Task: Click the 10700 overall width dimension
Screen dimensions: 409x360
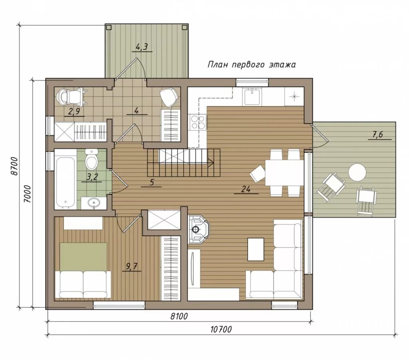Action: coord(221,330)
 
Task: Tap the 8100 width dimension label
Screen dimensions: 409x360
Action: coord(179,316)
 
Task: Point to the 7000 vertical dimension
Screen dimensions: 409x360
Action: coord(27,194)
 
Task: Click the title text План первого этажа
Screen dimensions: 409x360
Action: coord(252,64)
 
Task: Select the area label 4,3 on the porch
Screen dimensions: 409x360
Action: coord(142,47)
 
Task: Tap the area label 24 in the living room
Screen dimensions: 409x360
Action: coord(246,189)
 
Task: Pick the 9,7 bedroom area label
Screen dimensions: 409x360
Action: coord(132,267)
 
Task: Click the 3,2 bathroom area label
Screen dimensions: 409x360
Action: coord(92,177)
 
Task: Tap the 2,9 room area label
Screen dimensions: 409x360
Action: coord(74,111)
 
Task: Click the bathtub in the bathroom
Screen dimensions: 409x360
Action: coord(66,179)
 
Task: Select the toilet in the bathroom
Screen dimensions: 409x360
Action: coord(91,159)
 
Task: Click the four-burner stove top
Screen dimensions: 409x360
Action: coord(198,122)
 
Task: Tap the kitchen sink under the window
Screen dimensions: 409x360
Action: coord(252,97)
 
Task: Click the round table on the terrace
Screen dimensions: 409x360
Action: coord(357,172)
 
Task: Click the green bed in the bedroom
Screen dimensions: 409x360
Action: coord(83,257)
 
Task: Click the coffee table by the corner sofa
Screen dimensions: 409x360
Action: coord(256,249)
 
